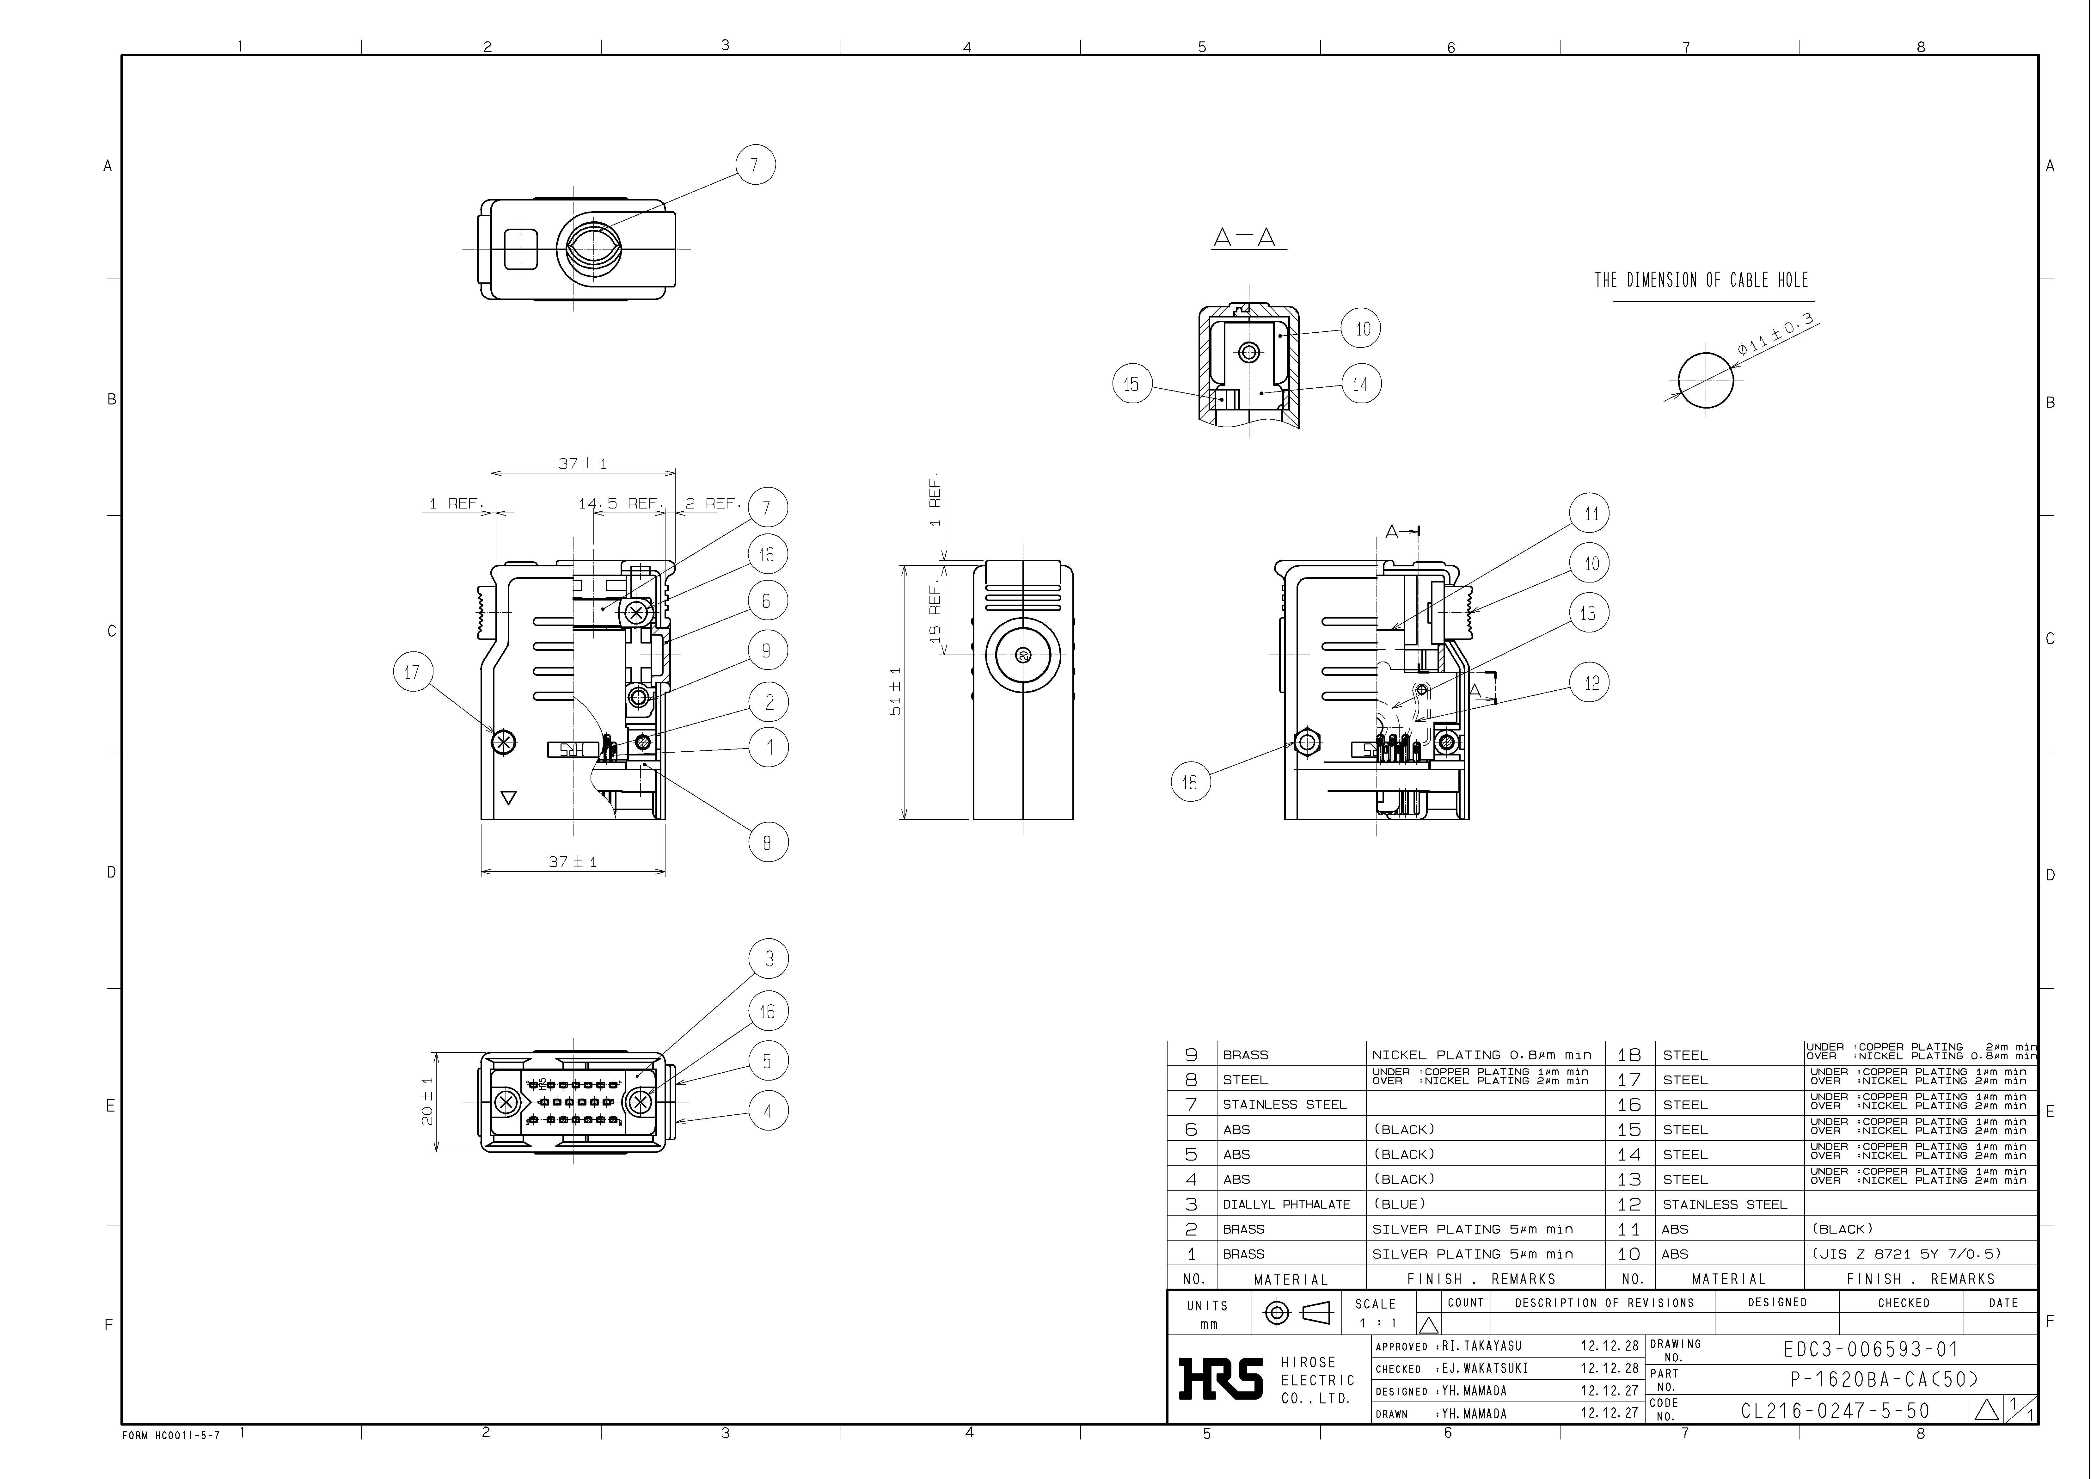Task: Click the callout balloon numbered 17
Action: tap(413, 672)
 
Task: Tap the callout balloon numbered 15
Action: tap(1132, 384)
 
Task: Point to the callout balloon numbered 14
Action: tap(1361, 384)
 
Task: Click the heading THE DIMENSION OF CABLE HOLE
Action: tap(1701, 280)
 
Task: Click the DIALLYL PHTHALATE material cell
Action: tap(1286, 1204)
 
